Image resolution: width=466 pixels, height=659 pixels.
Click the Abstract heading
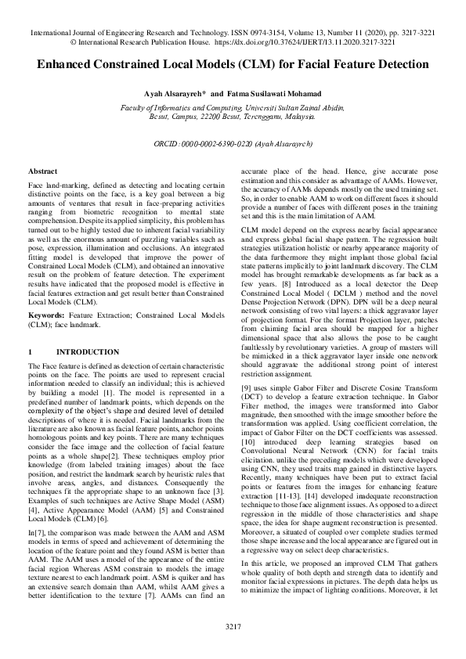42,171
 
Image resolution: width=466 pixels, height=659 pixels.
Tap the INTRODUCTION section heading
89,352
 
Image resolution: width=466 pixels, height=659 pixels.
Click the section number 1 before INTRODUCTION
30,352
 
